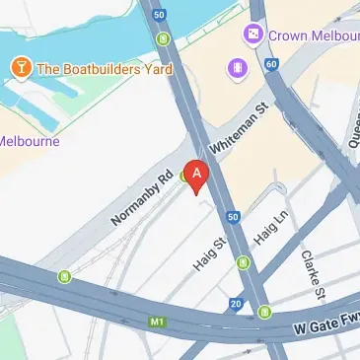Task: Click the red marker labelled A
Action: [x=197, y=177]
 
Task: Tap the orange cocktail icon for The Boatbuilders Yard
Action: [x=19, y=68]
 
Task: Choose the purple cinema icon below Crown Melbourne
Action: [x=238, y=67]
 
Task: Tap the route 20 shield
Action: [x=236, y=304]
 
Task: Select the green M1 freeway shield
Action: [x=156, y=322]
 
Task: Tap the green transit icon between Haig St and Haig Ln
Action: [x=243, y=262]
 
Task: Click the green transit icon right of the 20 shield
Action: [x=264, y=313]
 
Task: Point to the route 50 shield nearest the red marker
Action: [x=232, y=216]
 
